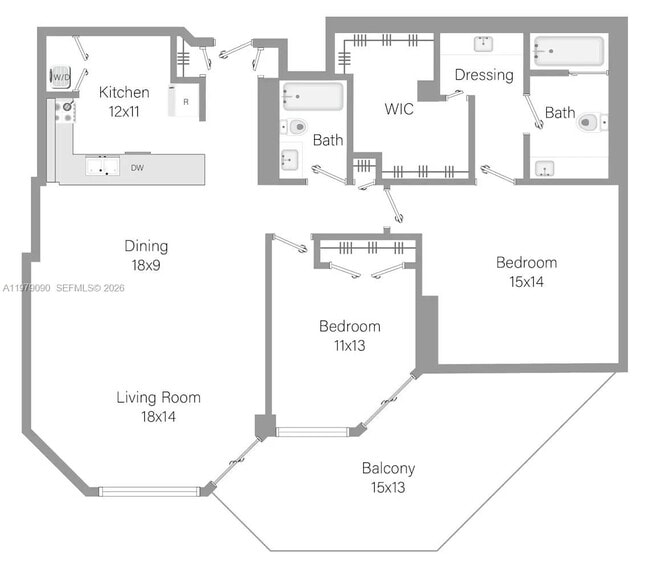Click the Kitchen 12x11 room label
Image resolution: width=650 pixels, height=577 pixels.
tap(124, 101)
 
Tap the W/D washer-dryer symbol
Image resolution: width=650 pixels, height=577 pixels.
tap(61, 77)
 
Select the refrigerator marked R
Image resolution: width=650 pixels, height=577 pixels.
tap(185, 101)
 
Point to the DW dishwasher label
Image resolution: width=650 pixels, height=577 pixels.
tap(136, 169)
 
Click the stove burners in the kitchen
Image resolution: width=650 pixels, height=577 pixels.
tap(65, 111)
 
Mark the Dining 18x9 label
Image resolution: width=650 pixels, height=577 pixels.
tap(146, 254)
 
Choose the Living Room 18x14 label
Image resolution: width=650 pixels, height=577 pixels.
tap(158, 406)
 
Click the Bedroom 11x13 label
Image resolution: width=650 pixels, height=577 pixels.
tap(349, 335)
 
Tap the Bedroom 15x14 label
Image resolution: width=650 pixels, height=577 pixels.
tap(526, 272)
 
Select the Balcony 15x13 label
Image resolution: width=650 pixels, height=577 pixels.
tap(388, 477)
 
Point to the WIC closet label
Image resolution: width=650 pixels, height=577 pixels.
tap(399, 109)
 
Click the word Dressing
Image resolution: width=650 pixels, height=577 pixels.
tap(483, 75)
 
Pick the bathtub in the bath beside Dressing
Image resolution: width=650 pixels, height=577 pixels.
tap(568, 51)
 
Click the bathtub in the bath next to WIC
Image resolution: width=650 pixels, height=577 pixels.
tap(312, 97)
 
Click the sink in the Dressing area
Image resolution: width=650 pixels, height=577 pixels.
tap(483, 43)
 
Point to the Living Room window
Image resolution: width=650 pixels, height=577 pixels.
tap(149, 491)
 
